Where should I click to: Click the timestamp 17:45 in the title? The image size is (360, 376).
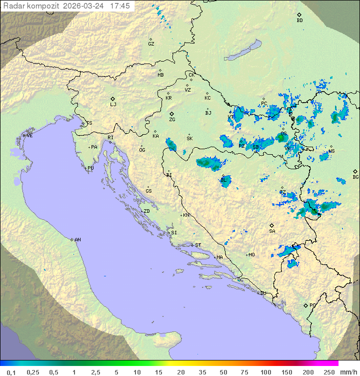pyautogui.click(x=120, y=6)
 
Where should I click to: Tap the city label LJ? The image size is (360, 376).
pyautogui.click(x=113, y=105)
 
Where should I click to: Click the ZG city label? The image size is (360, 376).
pyautogui.click(x=172, y=120)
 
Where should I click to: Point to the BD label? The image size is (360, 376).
pyautogui.click(x=299, y=21)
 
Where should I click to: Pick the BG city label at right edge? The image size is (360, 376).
pyautogui.click(x=355, y=177)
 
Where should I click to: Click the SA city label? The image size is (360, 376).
pyautogui.click(x=272, y=231)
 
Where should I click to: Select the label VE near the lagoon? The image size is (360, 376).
pyautogui.click(x=29, y=136)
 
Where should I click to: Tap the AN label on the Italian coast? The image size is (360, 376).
pyautogui.click(x=77, y=240)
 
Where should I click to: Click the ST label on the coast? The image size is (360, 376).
pyautogui.click(x=198, y=245)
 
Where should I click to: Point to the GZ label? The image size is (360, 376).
pyautogui.click(x=151, y=44)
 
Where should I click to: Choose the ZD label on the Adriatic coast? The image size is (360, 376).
pyautogui.click(x=146, y=211)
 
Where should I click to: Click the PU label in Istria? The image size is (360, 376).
pyautogui.click(x=90, y=168)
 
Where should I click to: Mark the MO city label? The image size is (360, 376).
pyautogui.click(x=251, y=254)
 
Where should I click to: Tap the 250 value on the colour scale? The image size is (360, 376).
pyautogui.click(x=328, y=372)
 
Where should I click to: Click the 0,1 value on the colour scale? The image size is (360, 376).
pyautogui.click(x=11, y=372)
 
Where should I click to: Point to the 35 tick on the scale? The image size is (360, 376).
pyautogui.click(x=202, y=372)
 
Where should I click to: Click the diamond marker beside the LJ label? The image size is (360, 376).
pyautogui.click(x=113, y=99)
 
